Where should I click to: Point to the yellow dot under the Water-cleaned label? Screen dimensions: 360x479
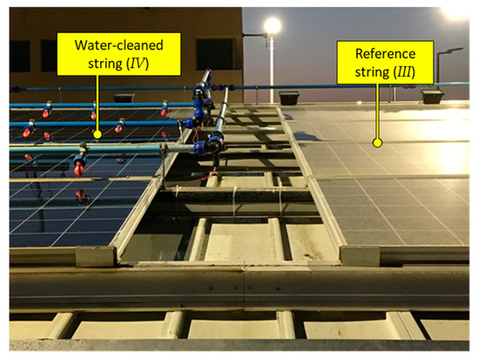(x=98, y=133)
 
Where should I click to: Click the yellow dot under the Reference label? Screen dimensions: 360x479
(x=377, y=140)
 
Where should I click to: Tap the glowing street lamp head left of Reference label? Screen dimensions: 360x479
(x=272, y=26)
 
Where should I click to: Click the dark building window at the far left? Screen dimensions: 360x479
(x=19, y=56)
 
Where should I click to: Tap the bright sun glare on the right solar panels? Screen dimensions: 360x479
(x=453, y=155)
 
